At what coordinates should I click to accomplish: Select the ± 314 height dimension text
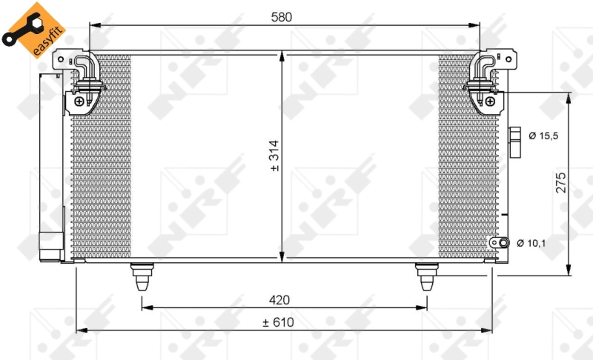pos(275,157)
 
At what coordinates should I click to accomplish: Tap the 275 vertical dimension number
pos(561,182)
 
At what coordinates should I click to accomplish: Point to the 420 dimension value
pos(279,299)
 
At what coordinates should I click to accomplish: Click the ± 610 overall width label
pos(278,321)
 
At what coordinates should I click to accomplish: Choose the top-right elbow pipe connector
pos(485,67)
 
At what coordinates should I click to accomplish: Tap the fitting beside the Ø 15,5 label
pos(517,141)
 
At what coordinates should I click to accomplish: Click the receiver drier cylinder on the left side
pos(50,163)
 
